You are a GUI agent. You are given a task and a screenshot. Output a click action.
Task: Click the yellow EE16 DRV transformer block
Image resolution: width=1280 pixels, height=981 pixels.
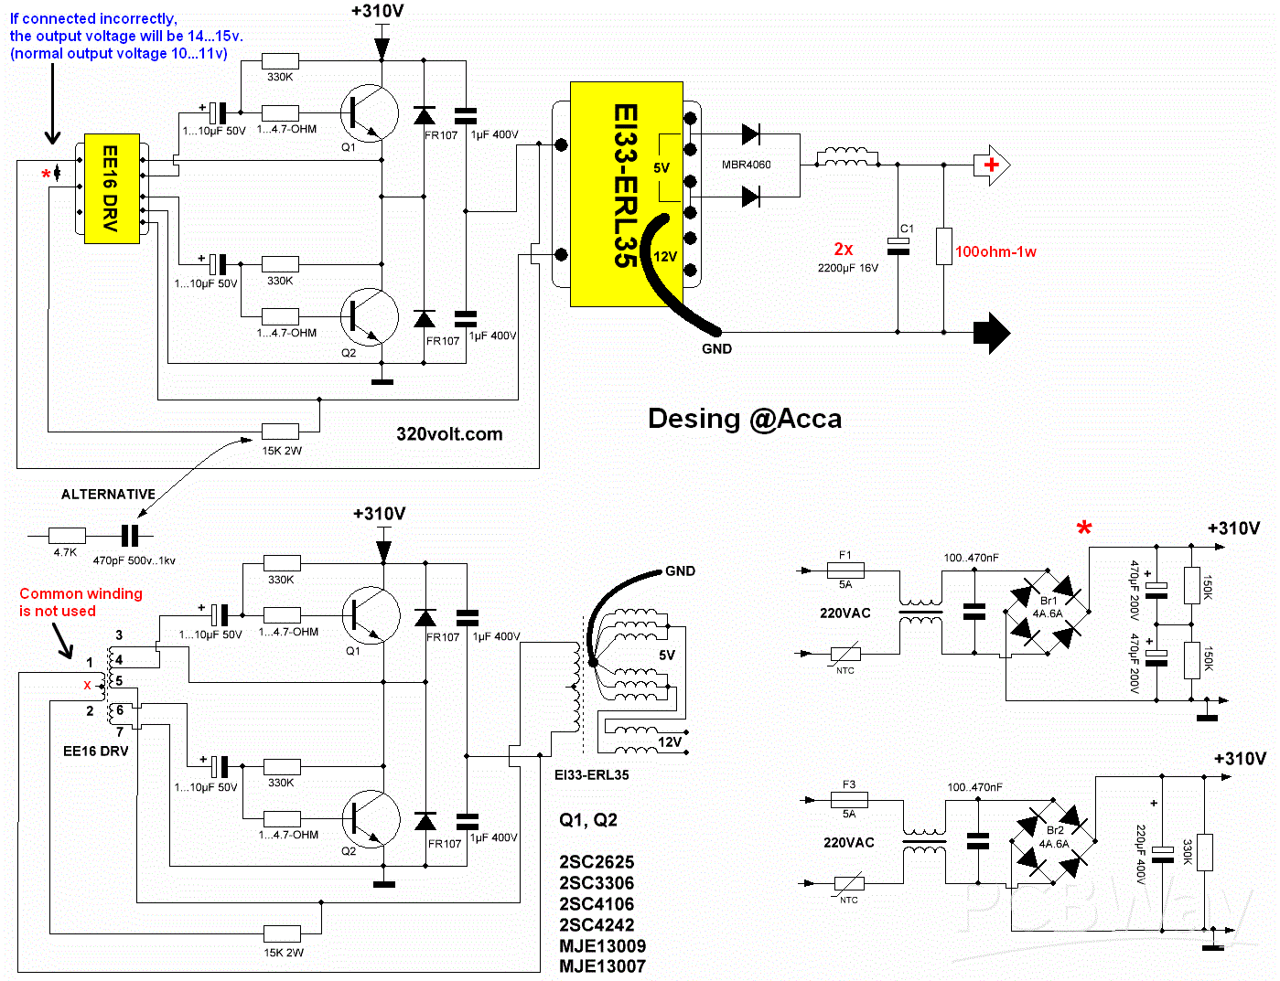coord(112,188)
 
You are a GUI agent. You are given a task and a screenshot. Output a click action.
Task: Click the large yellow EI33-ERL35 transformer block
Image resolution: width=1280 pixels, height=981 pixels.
coord(626,194)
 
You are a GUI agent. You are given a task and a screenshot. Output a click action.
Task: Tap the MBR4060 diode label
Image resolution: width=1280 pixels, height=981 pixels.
coord(746,165)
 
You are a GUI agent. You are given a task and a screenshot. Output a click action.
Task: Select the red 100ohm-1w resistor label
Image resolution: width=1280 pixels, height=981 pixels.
coord(995,252)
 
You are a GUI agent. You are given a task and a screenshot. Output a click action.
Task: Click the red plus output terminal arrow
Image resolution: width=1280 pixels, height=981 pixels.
coord(992,165)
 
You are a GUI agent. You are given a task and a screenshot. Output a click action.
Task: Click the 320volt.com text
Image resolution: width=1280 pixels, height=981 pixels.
coord(449,434)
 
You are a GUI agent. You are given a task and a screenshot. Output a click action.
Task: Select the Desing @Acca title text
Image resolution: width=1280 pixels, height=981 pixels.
coord(745,419)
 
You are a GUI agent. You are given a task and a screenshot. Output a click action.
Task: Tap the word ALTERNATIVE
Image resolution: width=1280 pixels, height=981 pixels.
coord(108,495)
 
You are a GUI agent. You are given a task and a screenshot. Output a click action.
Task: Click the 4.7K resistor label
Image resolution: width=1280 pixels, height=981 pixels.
coord(65,552)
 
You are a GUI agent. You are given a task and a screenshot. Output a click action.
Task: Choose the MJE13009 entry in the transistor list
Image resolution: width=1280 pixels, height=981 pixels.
coord(602,945)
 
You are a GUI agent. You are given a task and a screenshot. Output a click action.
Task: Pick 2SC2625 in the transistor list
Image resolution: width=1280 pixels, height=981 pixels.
coord(597,862)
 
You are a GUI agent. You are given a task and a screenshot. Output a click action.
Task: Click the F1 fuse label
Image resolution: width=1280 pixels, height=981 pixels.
coord(845,555)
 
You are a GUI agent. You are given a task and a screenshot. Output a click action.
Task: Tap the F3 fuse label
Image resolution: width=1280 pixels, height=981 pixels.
coord(849,784)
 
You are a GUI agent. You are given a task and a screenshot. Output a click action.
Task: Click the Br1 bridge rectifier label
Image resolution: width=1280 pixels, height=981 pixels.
coord(1049,601)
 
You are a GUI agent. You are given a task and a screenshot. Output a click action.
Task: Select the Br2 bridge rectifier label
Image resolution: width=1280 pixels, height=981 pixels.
coord(1055,830)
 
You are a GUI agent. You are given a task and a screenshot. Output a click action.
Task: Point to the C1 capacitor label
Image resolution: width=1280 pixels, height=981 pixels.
coord(907,229)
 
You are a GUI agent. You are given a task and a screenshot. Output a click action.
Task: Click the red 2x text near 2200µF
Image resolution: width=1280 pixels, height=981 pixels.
coord(844,249)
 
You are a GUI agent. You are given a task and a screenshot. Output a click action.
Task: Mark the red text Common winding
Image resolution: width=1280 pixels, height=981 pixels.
coord(81,594)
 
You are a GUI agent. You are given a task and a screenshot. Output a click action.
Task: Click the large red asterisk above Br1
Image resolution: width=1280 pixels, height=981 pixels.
coord(1084,528)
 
